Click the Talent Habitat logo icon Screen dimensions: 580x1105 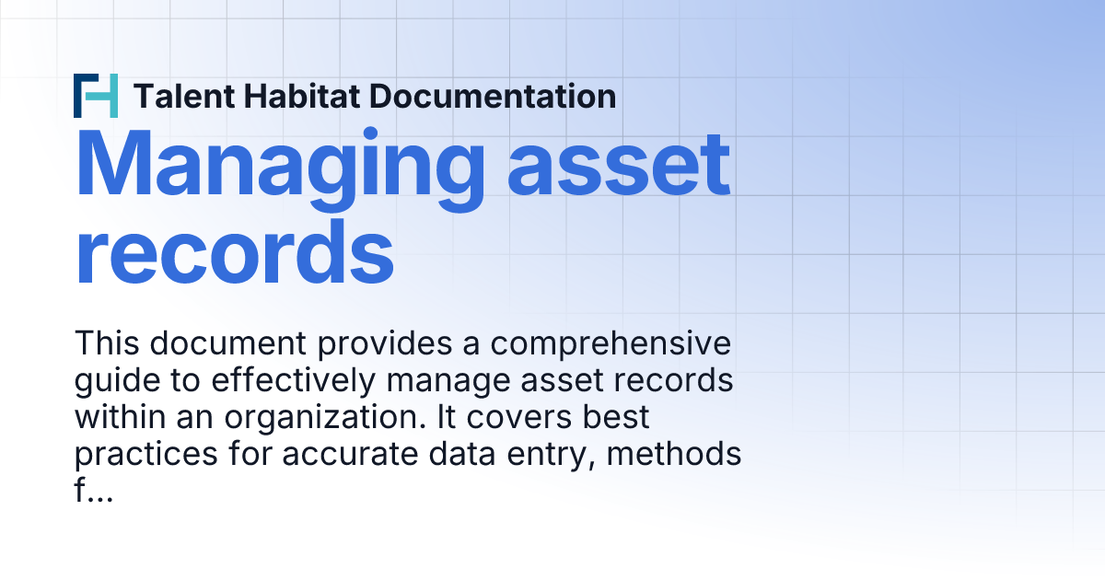pos(96,95)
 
